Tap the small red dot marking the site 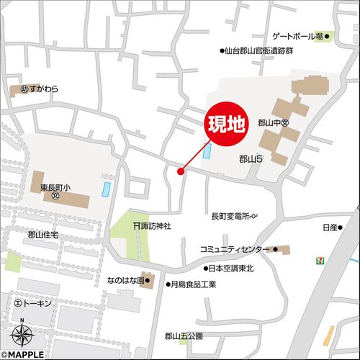click(x=181, y=171)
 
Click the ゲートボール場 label click(x=297, y=36)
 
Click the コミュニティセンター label click(x=234, y=249)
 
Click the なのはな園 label click(x=124, y=277)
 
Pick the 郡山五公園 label click(x=184, y=336)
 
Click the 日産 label click(x=330, y=228)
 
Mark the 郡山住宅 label click(x=44, y=235)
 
